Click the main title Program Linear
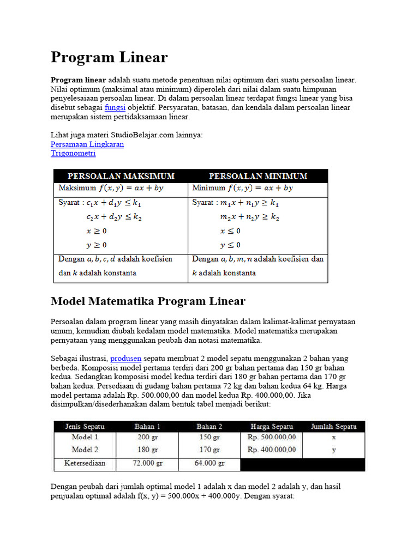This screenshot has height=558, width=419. [109, 57]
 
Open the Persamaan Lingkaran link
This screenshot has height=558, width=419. [87, 144]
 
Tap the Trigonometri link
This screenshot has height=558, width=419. [73, 154]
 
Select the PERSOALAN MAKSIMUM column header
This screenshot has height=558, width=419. [121, 176]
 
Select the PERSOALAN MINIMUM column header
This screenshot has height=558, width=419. [258, 176]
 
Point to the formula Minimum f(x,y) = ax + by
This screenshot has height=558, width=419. [243, 188]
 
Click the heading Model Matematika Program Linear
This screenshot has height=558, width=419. [148, 301]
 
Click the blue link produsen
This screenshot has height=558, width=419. [125, 359]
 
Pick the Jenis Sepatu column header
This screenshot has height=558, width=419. [85, 426]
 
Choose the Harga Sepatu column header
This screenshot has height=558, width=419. [271, 426]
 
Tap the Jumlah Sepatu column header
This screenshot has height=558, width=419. [333, 426]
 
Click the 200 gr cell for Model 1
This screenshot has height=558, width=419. [147, 437]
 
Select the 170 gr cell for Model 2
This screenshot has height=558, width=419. [209, 450]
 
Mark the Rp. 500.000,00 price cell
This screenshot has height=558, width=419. [271, 437]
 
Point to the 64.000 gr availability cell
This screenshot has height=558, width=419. [209, 464]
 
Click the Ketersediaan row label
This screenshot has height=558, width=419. [85, 464]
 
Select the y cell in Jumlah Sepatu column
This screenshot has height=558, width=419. [333, 450]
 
